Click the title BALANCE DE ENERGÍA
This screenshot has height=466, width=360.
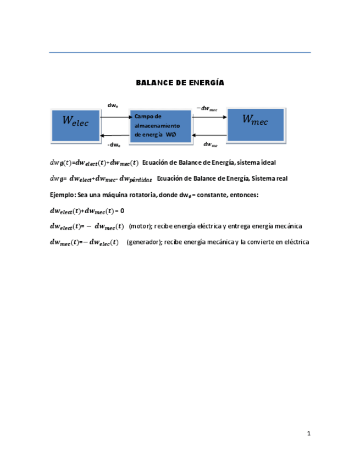(180, 83)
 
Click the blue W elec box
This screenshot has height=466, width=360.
(75, 124)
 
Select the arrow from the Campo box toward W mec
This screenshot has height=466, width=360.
(209, 117)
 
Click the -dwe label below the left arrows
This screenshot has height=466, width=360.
(114, 145)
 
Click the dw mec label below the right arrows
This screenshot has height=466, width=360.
(211, 145)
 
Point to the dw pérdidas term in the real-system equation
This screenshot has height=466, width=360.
(134, 179)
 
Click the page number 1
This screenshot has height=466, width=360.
(309, 434)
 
